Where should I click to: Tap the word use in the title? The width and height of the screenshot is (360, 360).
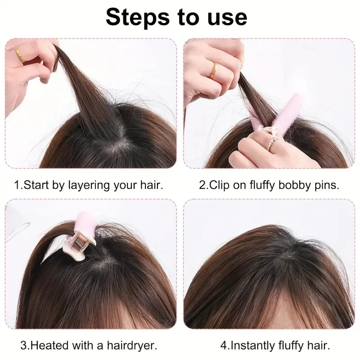point(227,18)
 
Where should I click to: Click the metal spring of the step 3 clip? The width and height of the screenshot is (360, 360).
point(80,242)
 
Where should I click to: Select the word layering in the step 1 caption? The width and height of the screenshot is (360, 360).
point(89,185)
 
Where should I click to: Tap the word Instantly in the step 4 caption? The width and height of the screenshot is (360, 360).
point(252,346)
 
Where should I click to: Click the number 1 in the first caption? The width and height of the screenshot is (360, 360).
point(17,185)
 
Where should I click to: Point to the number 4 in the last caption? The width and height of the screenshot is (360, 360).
point(223,346)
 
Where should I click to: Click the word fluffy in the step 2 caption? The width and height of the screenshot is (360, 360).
point(262,185)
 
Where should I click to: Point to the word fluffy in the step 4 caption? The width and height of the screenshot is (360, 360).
point(291,346)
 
